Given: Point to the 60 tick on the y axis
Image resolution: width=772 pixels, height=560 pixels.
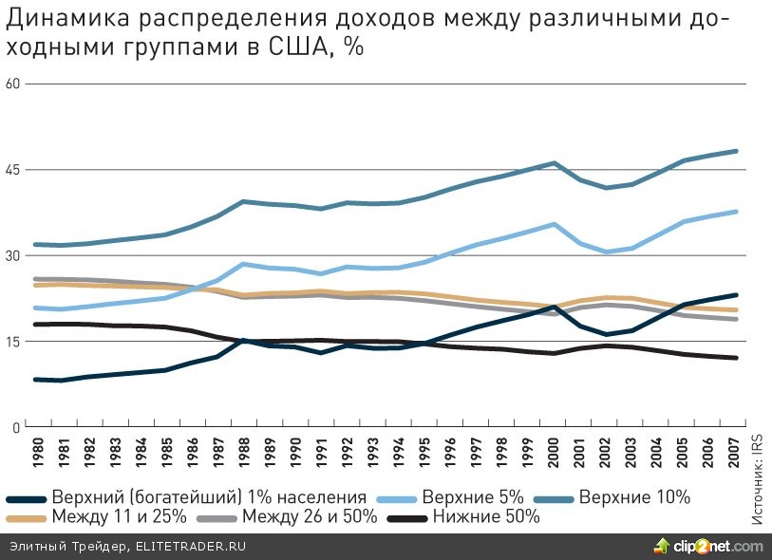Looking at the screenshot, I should pyautogui.click(x=12, y=84).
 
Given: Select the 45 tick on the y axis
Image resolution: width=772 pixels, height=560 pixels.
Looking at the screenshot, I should pyautogui.click(x=12, y=170).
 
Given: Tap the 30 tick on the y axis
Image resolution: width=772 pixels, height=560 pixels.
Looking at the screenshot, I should pyautogui.click(x=12, y=255).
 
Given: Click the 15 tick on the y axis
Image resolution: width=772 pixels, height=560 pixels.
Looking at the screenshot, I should pyautogui.click(x=12, y=342).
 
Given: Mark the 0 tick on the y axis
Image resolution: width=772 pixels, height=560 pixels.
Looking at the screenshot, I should pyautogui.click(x=16, y=428).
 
